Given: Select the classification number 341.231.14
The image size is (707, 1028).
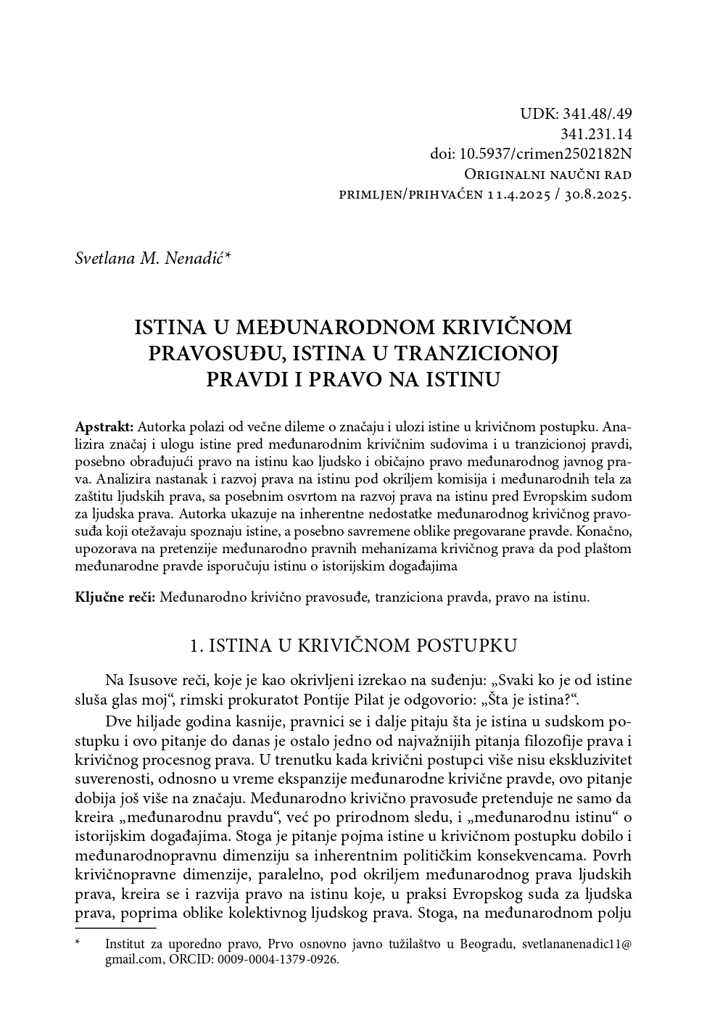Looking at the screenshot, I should click(x=595, y=134).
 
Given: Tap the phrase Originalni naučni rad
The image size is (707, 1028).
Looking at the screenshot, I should click(x=547, y=175).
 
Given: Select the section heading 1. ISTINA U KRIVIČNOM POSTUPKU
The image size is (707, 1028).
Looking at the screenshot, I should click(x=352, y=645).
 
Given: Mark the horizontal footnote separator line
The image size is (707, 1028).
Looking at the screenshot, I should click(x=115, y=927).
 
